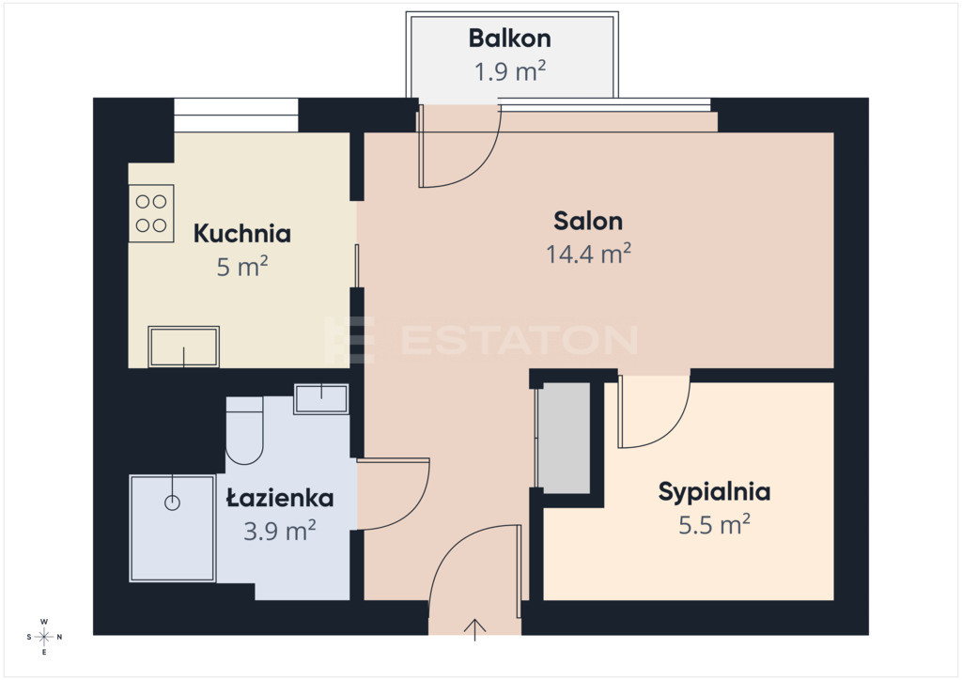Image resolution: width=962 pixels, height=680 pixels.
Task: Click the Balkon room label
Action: pyautogui.click(x=509, y=38)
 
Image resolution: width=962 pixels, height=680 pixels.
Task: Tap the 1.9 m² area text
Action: pyautogui.click(x=510, y=71)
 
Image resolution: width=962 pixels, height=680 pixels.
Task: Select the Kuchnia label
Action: pyautogui.click(x=241, y=234)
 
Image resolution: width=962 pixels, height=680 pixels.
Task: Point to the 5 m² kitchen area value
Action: pyautogui.click(x=241, y=267)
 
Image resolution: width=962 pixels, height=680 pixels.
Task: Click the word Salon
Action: pyautogui.click(x=588, y=221)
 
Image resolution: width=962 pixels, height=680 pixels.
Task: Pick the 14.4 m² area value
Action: pyautogui.click(x=588, y=254)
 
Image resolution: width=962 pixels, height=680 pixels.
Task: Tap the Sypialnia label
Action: pyautogui.click(x=714, y=492)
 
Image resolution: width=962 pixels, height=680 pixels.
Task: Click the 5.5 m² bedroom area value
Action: pyautogui.click(x=714, y=525)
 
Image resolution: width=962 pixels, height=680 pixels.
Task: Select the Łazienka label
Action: pyautogui.click(x=280, y=497)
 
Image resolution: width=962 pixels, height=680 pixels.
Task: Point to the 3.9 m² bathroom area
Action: pyautogui.click(x=280, y=531)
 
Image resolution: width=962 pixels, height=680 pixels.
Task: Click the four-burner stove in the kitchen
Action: pyautogui.click(x=151, y=213)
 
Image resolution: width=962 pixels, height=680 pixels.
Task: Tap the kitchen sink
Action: pyautogui.click(x=183, y=348)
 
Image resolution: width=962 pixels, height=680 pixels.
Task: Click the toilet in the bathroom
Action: pyautogui.click(x=244, y=430)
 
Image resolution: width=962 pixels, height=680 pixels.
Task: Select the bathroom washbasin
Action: pyautogui.click(x=321, y=398)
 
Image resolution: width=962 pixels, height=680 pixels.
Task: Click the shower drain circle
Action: pyautogui.click(x=173, y=502)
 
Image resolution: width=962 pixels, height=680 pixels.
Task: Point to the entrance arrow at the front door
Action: pyautogui.click(x=474, y=630)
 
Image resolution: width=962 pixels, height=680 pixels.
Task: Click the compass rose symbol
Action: pyautogui.click(x=44, y=637)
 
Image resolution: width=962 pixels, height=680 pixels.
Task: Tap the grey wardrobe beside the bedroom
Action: pyautogui.click(x=563, y=437)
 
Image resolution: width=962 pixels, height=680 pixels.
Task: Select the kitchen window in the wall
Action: pyautogui.click(x=236, y=115)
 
